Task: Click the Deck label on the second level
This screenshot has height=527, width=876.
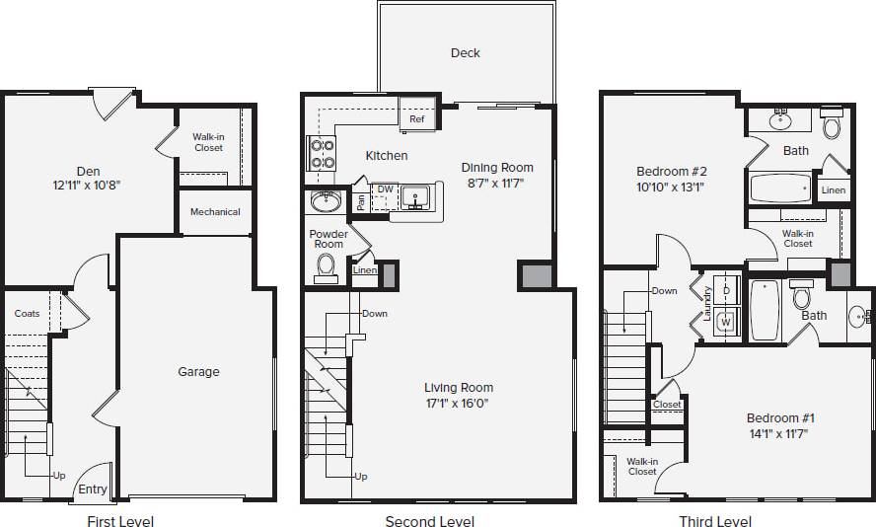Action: tap(466, 52)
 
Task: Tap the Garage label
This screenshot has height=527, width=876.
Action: tap(198, 372)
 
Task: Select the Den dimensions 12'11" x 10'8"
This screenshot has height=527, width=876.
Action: tap(88, 185)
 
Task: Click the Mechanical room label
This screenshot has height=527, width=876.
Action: tap(215, 212)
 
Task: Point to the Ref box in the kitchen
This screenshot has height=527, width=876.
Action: tap(417, 119)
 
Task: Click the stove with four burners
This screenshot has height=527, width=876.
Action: tap(322, 153)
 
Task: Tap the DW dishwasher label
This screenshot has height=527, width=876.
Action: tap(385, 188)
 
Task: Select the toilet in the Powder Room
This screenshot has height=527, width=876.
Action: tap(326, 267)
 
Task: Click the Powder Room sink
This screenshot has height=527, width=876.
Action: tap(325, 201)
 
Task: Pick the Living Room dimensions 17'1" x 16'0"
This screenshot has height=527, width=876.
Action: tap(459, 403)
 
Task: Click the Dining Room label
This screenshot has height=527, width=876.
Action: tap(497, 168)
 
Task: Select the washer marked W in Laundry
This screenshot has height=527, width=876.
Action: tap(726, 321)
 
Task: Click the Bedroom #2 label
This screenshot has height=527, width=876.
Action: tap(672, 171)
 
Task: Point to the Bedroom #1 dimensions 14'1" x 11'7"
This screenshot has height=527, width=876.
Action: tap(780, 433)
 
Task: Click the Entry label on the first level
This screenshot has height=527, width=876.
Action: tap(93, 489)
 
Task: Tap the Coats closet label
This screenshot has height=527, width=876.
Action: tap(28, 314)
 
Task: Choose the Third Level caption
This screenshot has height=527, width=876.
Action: tap(715, 521)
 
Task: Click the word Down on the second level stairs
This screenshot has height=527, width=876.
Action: tap(375, 314)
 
